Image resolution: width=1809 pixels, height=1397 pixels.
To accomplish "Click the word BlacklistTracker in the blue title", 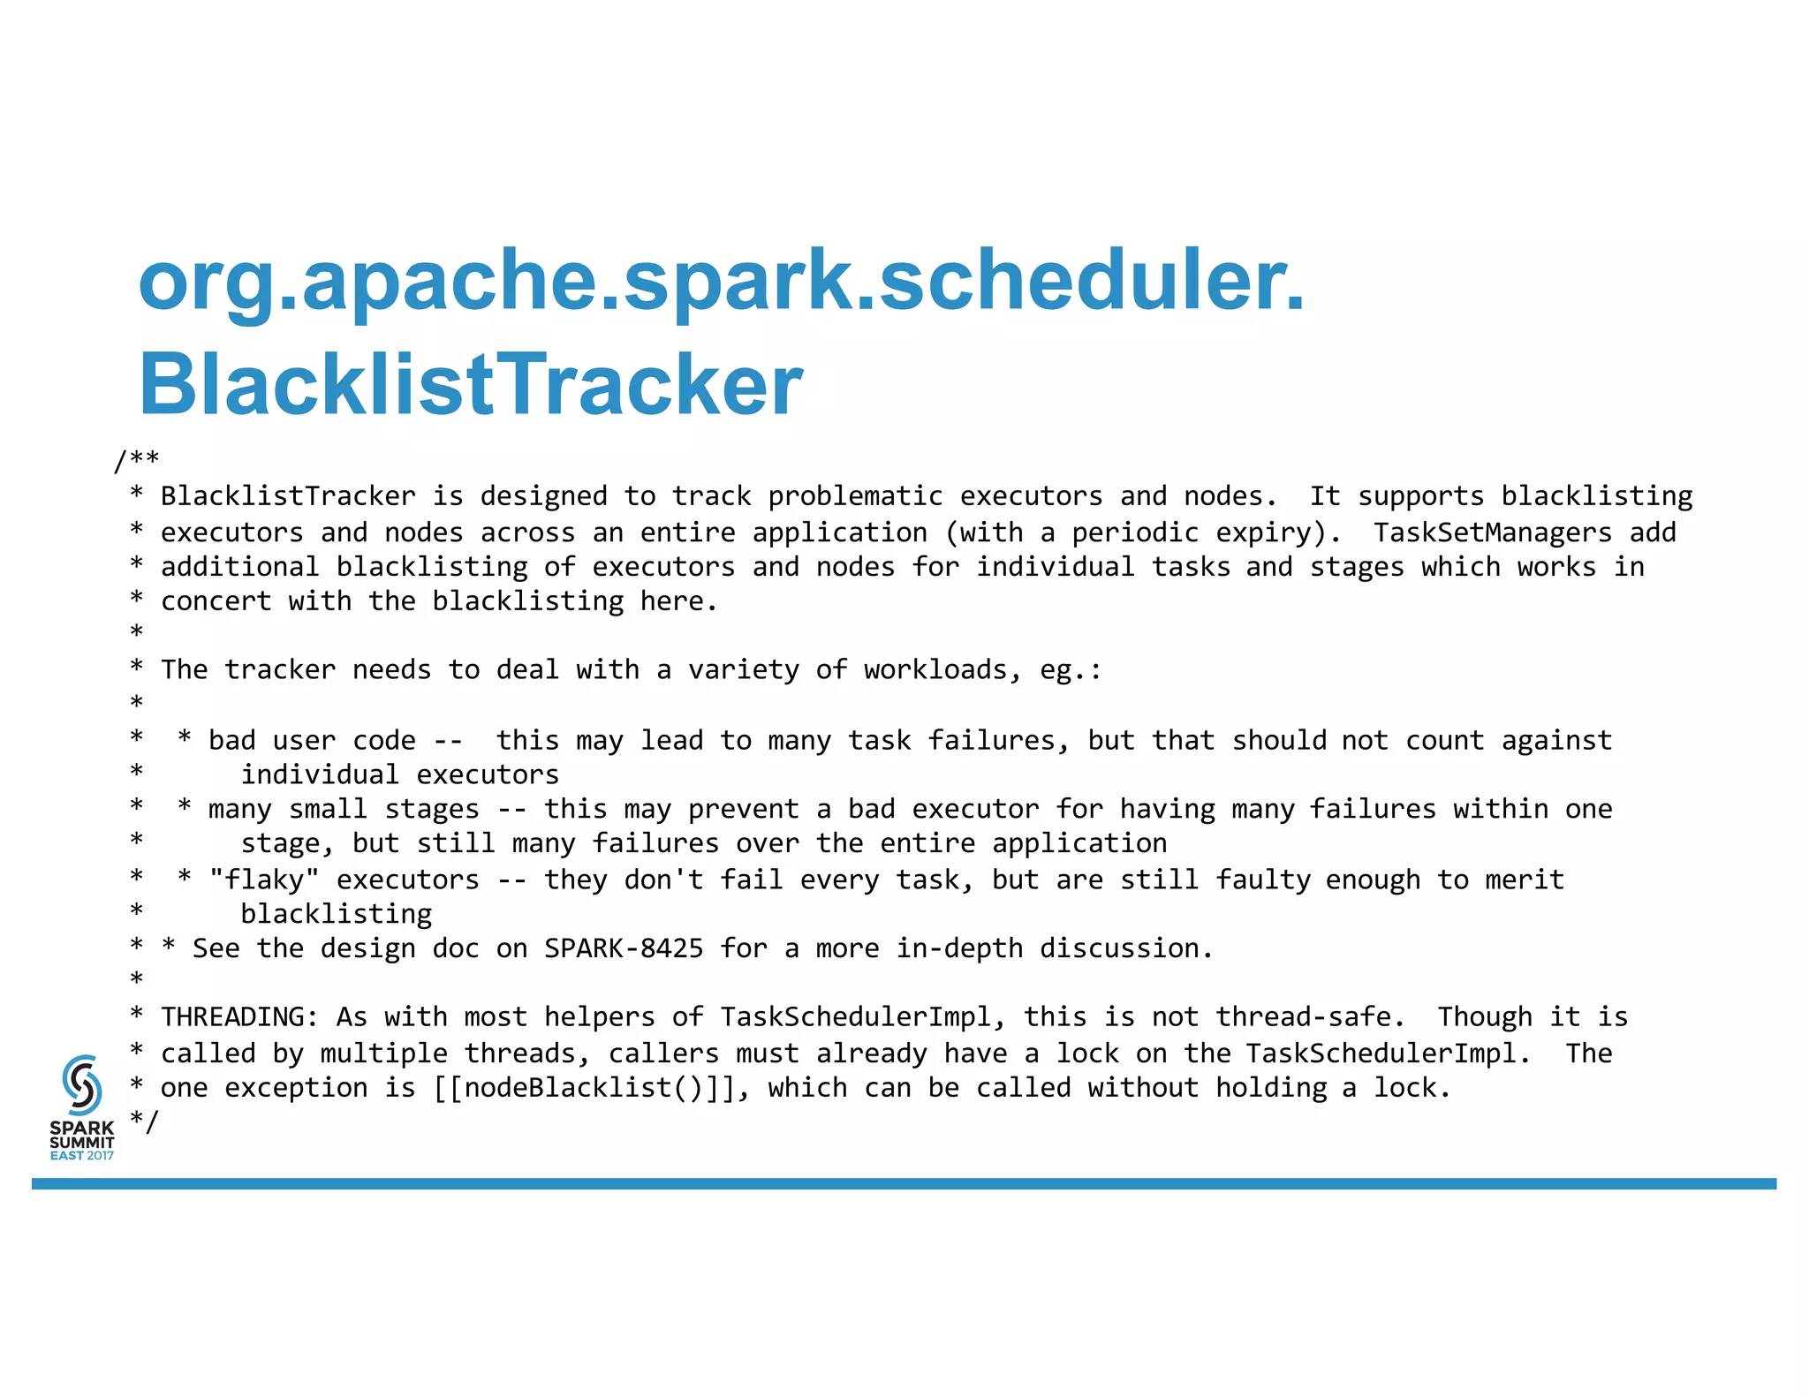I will [471, 385].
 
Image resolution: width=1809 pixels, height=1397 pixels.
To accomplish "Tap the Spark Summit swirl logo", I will [82, 1084].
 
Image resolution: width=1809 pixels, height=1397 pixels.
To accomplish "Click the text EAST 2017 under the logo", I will [81, 1155].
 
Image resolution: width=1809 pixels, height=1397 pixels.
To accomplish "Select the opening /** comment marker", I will [137, 460].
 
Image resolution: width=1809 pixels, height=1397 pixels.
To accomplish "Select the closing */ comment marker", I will [145, 1121].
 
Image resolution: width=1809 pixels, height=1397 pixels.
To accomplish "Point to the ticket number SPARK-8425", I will [624, 948].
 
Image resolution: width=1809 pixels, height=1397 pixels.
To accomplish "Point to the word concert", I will [216, 601].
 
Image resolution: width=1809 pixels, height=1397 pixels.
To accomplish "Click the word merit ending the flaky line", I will [1524, 880].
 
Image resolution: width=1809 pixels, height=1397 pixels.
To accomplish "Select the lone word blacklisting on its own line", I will [337, 914].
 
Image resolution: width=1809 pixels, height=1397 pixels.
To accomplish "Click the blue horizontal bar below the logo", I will [904, 1183].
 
